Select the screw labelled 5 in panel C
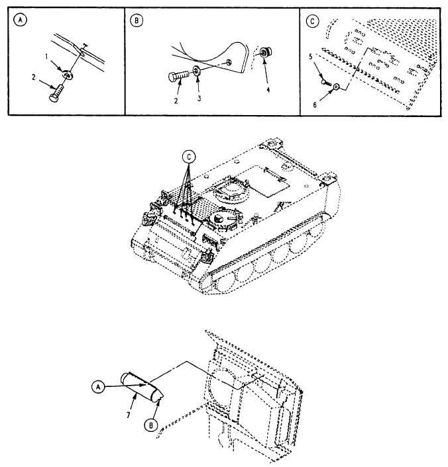click(325, 82)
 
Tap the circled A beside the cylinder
click(98, 389)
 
